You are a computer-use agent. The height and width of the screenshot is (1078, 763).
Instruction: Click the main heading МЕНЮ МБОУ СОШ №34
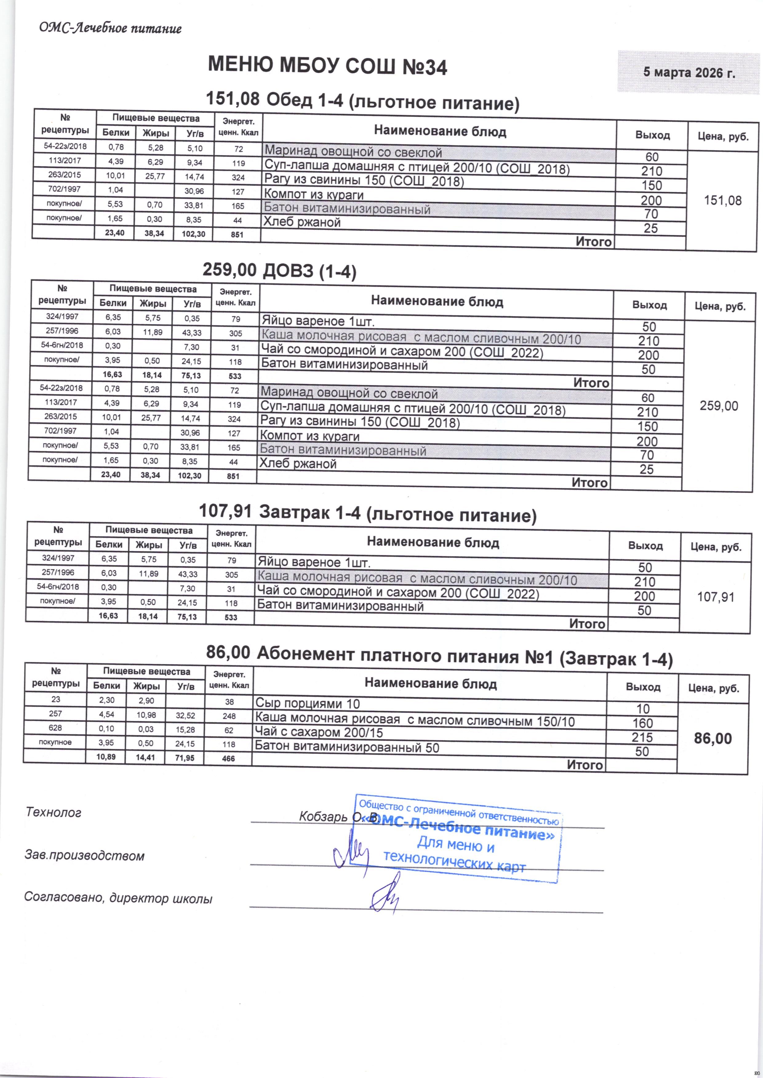pos(327,66)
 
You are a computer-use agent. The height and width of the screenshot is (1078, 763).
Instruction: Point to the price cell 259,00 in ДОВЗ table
pos(719,406)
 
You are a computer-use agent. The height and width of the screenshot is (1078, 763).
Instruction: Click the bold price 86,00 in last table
pos(713,739)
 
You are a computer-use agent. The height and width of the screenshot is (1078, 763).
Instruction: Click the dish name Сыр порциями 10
pos(307,703)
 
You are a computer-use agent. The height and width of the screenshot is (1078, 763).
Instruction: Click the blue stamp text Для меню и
pos(456,845)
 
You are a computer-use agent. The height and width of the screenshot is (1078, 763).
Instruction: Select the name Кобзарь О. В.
pos(337,817)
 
